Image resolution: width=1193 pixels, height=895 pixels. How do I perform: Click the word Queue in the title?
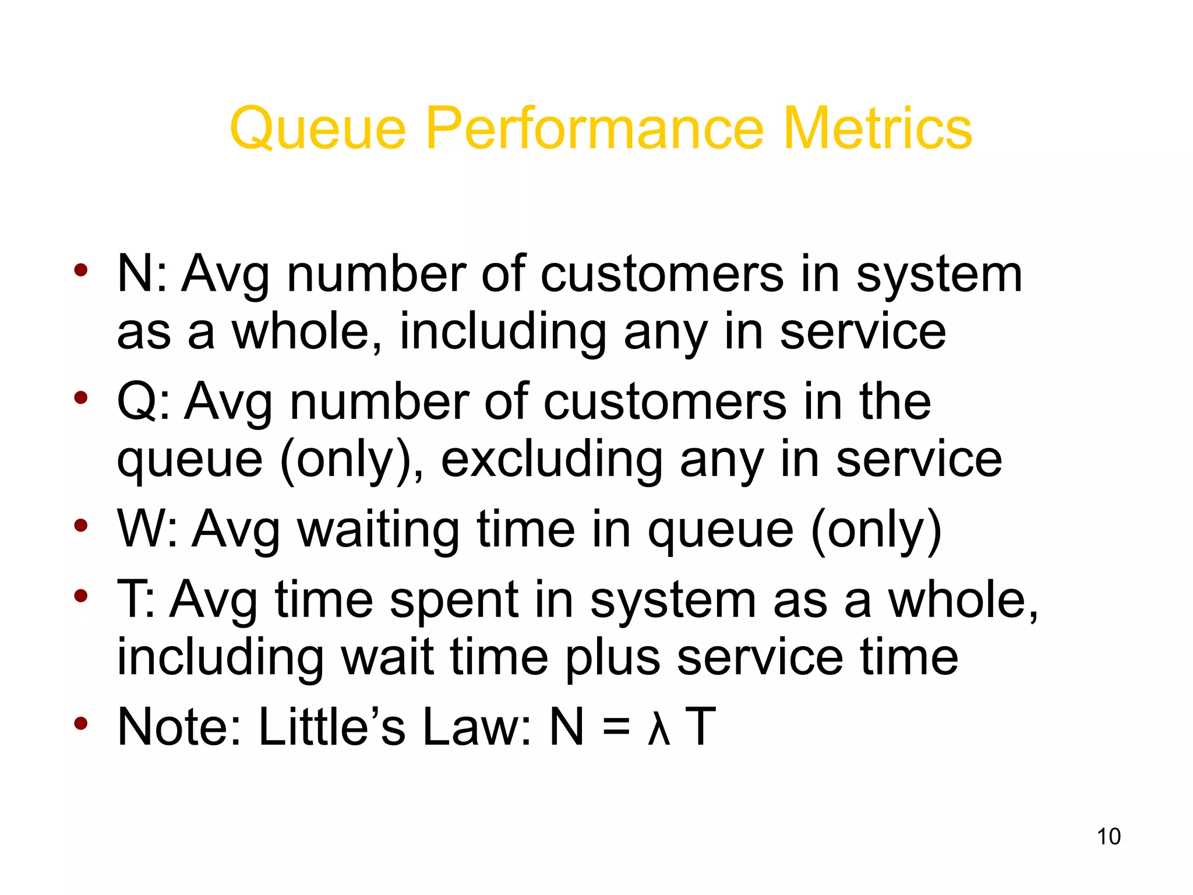(x=318, y=129)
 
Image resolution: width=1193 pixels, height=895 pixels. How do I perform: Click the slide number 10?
(x=1108, y=836)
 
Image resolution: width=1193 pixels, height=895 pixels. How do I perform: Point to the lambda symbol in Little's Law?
(x=659, y=728)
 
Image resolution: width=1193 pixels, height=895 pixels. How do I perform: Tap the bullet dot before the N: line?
(x=81, y=270)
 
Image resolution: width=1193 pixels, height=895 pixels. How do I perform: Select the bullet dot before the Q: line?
(x=81, y=399)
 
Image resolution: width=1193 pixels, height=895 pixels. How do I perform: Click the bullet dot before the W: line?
(x=81, y=526)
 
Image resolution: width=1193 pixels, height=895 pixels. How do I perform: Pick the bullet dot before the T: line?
(x=81, y=596)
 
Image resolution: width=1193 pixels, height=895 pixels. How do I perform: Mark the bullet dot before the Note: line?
(x=81, y=724)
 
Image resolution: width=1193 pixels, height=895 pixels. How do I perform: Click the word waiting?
(x=379, y=530)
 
